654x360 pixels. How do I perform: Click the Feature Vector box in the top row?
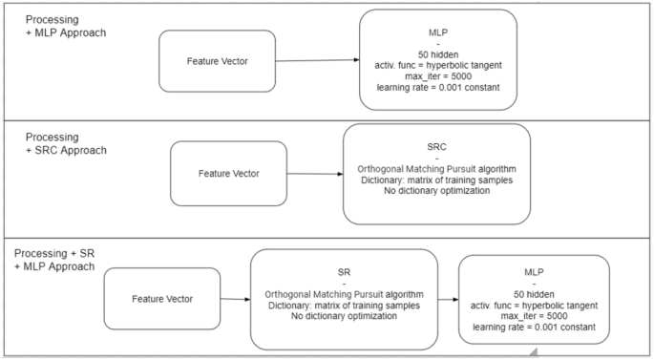click(217, 61)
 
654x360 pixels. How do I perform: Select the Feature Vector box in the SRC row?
click(228, 174)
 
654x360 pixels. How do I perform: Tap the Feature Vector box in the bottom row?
click(161, 299)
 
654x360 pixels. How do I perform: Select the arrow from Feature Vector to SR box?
click(235, 299)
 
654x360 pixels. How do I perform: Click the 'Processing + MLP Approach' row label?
click(65, 27)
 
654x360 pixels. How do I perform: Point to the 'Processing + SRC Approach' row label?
click(65, 143)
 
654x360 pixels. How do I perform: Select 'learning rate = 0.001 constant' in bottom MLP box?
click(533, 326)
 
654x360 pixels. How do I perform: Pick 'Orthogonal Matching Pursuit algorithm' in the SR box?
click(343, 293)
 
